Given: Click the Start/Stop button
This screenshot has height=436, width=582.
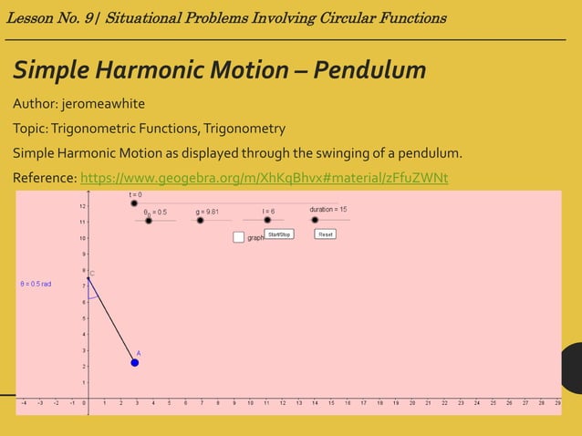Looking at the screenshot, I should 278,234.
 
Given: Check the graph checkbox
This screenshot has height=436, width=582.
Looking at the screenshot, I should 238,237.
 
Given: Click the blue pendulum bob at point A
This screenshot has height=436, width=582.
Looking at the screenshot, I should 135,362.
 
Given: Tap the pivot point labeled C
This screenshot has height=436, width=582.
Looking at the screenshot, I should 88,277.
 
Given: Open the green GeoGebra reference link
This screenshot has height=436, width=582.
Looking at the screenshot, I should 264,177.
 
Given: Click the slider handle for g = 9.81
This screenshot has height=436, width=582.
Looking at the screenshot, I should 202,221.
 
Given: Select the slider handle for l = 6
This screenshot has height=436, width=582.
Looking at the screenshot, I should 267,220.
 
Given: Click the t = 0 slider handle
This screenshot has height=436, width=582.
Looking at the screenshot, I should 134,203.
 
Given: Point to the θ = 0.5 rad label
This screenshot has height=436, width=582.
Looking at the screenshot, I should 36,284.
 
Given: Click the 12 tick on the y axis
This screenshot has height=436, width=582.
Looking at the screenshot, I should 83,206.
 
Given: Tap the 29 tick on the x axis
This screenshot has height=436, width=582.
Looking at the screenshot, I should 557,402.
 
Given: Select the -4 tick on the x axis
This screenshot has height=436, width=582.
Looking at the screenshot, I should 25,402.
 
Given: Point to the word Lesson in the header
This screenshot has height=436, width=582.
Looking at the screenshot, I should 33,18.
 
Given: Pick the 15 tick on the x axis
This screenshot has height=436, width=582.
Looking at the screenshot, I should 331,402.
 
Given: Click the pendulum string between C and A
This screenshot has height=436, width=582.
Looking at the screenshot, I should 111,319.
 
